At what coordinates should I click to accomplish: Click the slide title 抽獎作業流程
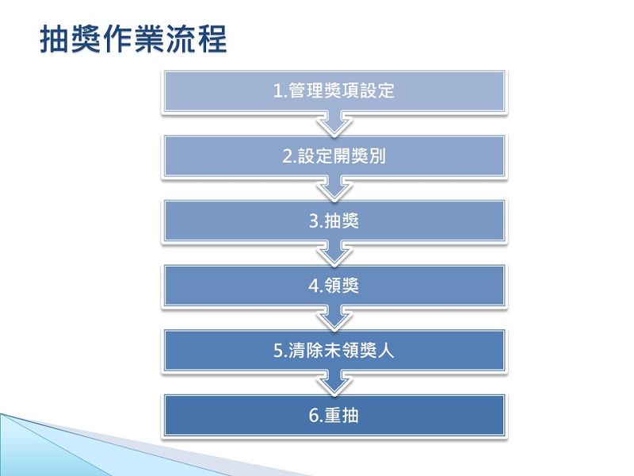point(133,39)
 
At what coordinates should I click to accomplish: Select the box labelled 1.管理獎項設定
point(334,91)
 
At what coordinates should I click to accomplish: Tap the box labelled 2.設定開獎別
point(334,155)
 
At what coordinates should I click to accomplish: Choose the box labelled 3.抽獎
point(334,221)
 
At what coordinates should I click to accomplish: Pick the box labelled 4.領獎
point(334,286)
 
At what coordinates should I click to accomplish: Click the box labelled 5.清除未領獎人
point(334,350)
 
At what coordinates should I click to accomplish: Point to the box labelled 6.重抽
point(334,415)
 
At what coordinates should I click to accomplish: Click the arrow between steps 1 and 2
point(334,124)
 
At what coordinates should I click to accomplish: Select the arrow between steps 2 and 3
point(334,189)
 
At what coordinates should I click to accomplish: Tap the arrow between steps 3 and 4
point(334,253)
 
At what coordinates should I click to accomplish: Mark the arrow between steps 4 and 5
point(334,318)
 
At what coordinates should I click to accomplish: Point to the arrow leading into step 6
point(334,383)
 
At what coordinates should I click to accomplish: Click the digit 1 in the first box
point(278,90)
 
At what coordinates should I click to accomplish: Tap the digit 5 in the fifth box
point(278,351)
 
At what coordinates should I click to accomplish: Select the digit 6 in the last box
point(313,416)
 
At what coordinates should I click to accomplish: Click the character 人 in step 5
point(385,350)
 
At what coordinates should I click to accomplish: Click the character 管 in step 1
point(296,90)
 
